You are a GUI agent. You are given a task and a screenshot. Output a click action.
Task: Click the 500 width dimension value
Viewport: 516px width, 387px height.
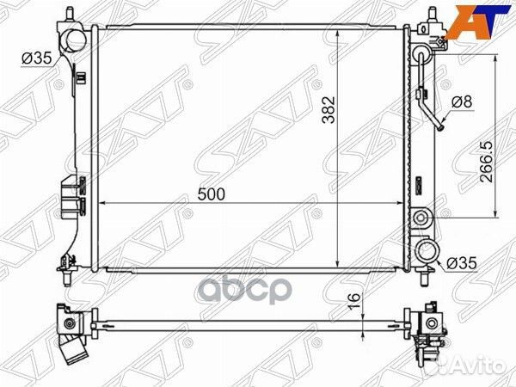pos(212,194)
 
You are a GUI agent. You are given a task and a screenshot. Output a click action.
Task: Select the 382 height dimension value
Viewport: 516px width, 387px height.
pos(329,109)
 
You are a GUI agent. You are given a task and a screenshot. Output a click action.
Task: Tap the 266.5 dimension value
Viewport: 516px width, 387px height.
pos(486,162)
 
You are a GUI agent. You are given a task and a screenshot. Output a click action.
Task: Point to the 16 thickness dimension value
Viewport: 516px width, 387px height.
pos(354,301)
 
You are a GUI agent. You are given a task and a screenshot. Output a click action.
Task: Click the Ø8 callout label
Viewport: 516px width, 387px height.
pos(462,101)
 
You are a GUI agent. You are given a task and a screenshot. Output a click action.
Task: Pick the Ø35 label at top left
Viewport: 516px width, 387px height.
pos(37,58)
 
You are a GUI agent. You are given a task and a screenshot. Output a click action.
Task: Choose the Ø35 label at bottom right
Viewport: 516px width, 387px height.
pos(462,263)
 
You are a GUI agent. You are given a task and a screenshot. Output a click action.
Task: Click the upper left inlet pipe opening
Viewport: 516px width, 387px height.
pos(76,40)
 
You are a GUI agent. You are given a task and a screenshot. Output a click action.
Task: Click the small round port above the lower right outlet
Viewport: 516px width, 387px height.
pos(421,218)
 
